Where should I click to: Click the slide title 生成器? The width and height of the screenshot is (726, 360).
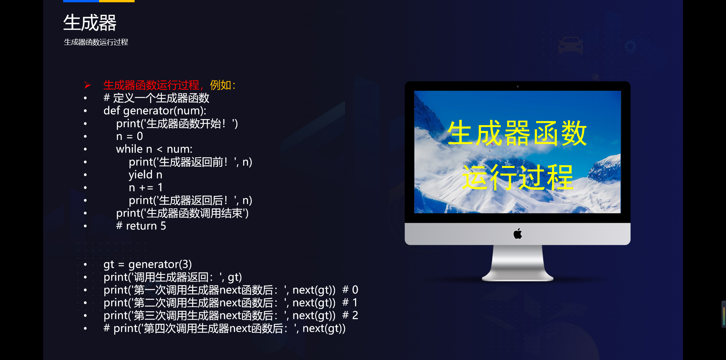point(90,23)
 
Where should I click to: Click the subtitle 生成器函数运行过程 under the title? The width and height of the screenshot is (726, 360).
point(96,42)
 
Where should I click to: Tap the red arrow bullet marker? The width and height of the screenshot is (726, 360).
point(87,85)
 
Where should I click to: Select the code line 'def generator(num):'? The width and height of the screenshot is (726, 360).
point(155,111)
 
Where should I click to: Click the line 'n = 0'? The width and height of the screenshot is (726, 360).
point(129,136)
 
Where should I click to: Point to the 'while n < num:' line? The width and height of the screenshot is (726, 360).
point(154,149)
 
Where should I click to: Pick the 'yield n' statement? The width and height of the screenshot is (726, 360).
point(145,175)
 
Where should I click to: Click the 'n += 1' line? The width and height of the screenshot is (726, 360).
point(146,188)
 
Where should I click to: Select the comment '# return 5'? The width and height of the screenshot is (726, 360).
point(141,226)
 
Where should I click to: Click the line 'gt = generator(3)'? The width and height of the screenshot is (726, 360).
point(147,264)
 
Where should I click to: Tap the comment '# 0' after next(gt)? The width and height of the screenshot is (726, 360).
point(350,290)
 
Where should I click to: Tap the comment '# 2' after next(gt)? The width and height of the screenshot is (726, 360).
point(350,315)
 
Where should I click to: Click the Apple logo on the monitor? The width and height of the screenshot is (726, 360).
point(518,234)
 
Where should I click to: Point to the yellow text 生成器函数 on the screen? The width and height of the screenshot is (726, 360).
point(517,133)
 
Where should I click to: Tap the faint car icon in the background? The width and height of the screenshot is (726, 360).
point(571,45)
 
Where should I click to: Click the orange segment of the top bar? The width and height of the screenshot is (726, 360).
point(117,1)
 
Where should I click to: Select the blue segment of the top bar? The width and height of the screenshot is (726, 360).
point(81,1)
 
